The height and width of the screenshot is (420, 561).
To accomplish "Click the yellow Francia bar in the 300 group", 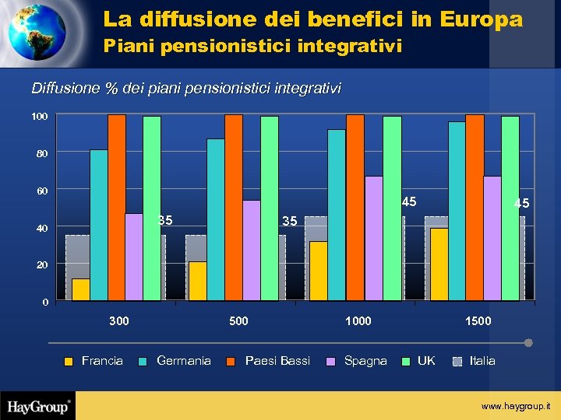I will pyautogui.click(x=81, y=289).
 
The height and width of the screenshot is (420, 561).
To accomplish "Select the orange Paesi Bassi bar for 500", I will pyautogui.click(x=234, y=207).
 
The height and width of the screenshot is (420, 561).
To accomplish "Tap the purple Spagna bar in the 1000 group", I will pyautogui.click(x=373, y=238).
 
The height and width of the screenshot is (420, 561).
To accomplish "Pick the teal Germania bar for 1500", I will pyautogui.click(x=457, y=211).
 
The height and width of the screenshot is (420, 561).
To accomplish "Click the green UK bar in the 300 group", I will pyautogui.click(x=152, y=208).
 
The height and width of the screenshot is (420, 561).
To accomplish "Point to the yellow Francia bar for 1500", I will pyautogui.click(x=439, y=264).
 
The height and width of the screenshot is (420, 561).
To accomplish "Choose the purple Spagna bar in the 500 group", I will pyautogui.click(x=252, y=250).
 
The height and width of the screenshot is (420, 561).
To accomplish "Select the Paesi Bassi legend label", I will pyautogui.click(x=277, y=361).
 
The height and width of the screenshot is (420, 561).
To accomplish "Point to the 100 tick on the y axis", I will pyautogui.click(x=40, y=117).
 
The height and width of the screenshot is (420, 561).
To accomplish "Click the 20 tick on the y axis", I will pyautogui.click(x=42, y=265).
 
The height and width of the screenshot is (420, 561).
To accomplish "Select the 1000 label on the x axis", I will pyautogui.click(x=358, y=321).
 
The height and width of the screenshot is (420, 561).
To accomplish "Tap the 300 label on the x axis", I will pyautogui.click(x=119, y=321).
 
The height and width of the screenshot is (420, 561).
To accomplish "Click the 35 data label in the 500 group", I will pyautogui.click(x=290, y=222).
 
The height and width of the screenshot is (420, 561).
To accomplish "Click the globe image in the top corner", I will pyautogui.click(x=37, y=33).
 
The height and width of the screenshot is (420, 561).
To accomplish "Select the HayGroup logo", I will pyautogui.click(x=39, y=406).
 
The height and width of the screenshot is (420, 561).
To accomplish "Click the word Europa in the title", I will pyautogui.click(x=481, y=19).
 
